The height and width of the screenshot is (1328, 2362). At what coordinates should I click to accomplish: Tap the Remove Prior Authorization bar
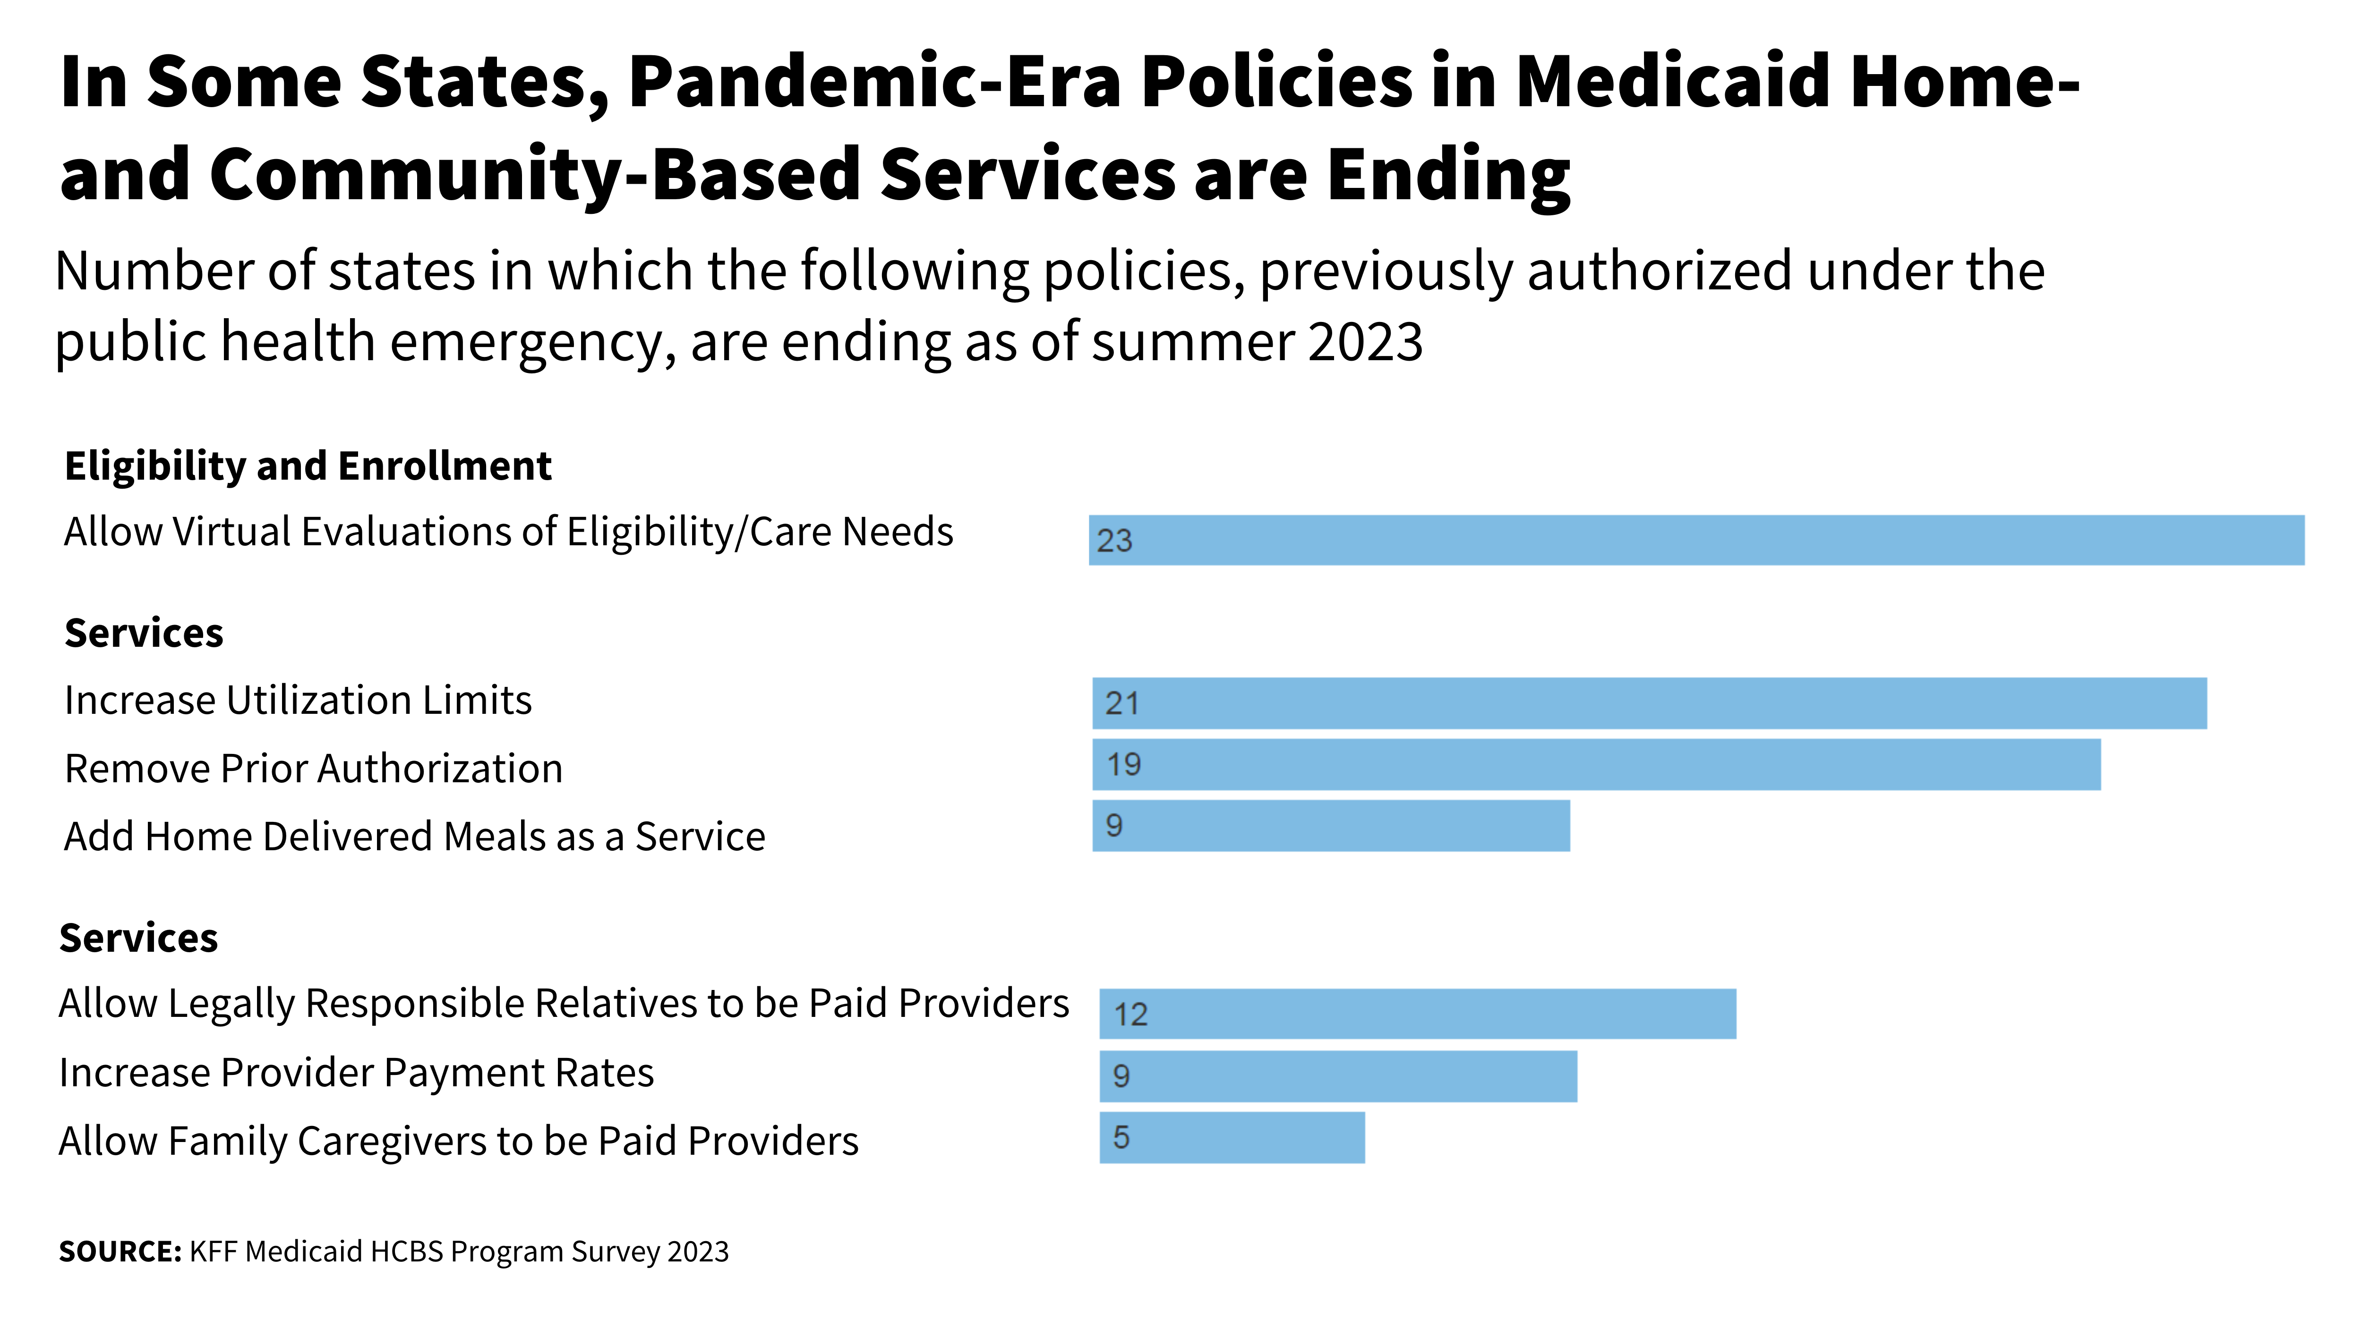point(1595,764)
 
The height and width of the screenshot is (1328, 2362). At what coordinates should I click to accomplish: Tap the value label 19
point(1123,764)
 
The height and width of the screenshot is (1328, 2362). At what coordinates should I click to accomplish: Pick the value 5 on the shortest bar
point(1121,1137)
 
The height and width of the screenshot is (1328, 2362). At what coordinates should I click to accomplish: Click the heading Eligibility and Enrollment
point(308,465)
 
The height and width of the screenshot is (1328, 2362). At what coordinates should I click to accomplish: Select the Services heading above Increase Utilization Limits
point(144,633)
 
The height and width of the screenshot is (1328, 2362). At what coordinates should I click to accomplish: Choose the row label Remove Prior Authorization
point(314,768)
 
